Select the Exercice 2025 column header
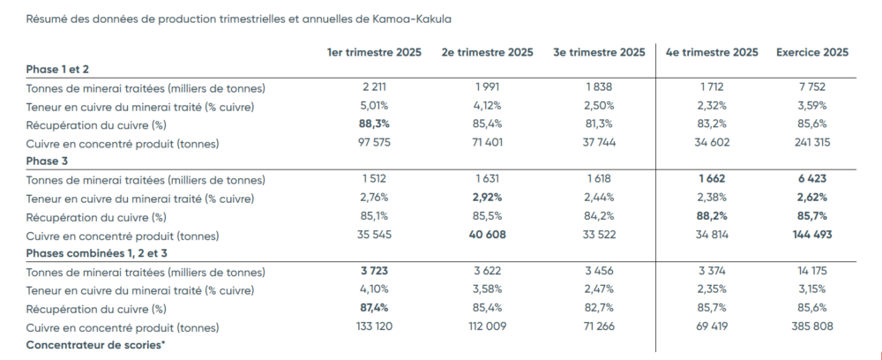811,52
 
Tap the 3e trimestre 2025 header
599,52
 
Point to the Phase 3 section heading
48,161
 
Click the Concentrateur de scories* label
94,345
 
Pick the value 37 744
599,143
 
